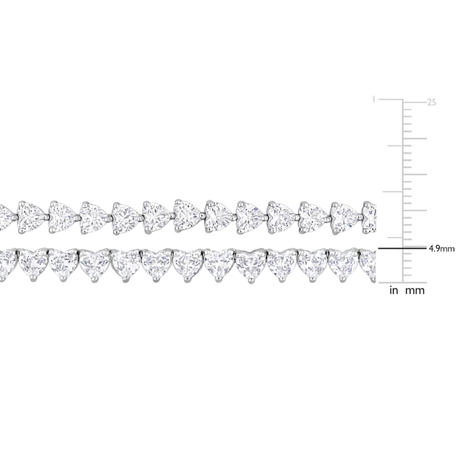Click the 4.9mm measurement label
tap(442, 249)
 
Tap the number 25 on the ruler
tap(432, 102)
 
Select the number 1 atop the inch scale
tap(374, 99)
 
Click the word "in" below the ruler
tap(394, 291)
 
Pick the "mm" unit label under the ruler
tap(415, 291)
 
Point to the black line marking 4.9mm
tap(403, 249)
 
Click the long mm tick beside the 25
tap(415, 102)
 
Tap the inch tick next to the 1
tap(391, 99)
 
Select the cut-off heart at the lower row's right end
tap(368, 264)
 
